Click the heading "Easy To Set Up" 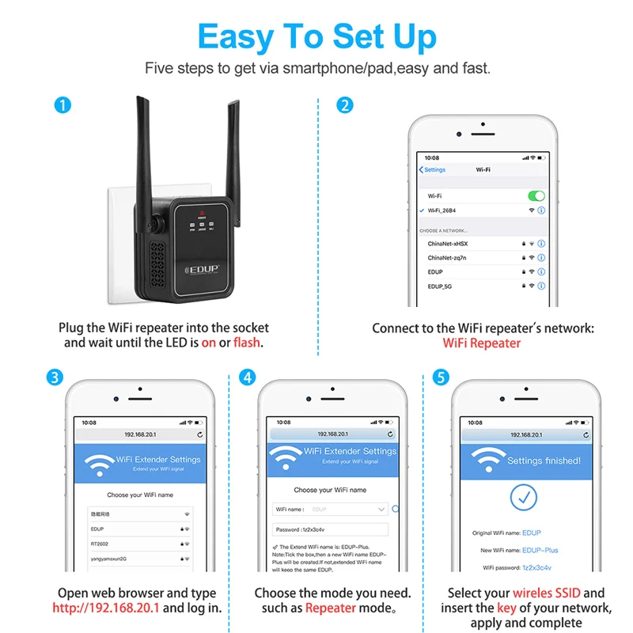316,37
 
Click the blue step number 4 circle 248,377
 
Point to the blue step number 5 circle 441,377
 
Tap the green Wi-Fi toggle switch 536,195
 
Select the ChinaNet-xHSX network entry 448,244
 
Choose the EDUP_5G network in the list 442,286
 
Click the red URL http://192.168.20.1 106,608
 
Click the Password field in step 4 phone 331,529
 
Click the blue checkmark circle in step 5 523,497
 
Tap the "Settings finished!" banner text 544,461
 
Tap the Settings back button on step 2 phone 432,169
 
